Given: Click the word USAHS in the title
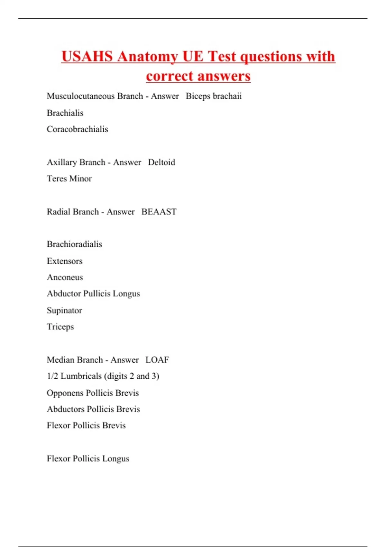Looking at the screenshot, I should pos(87,57).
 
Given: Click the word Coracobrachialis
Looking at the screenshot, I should pos(77,129).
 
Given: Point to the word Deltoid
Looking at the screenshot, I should pos(161,162).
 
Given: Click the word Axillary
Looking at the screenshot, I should pos(60,162).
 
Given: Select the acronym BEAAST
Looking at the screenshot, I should pos(159,212).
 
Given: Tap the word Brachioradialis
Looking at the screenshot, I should pos(74,244).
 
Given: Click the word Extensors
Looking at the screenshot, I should pos(65,261).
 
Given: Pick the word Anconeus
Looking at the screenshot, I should pos(65,277).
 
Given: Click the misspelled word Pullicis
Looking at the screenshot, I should pos(96,294).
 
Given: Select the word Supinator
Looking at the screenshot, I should pos(64,311).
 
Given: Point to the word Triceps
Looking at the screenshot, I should pos(60,327).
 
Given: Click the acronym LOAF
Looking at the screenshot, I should pos(157,360).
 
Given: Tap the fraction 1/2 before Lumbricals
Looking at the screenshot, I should pos(52,376).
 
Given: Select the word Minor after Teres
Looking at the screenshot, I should pos(82,179).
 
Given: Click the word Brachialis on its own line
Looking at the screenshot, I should pos(65,113).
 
